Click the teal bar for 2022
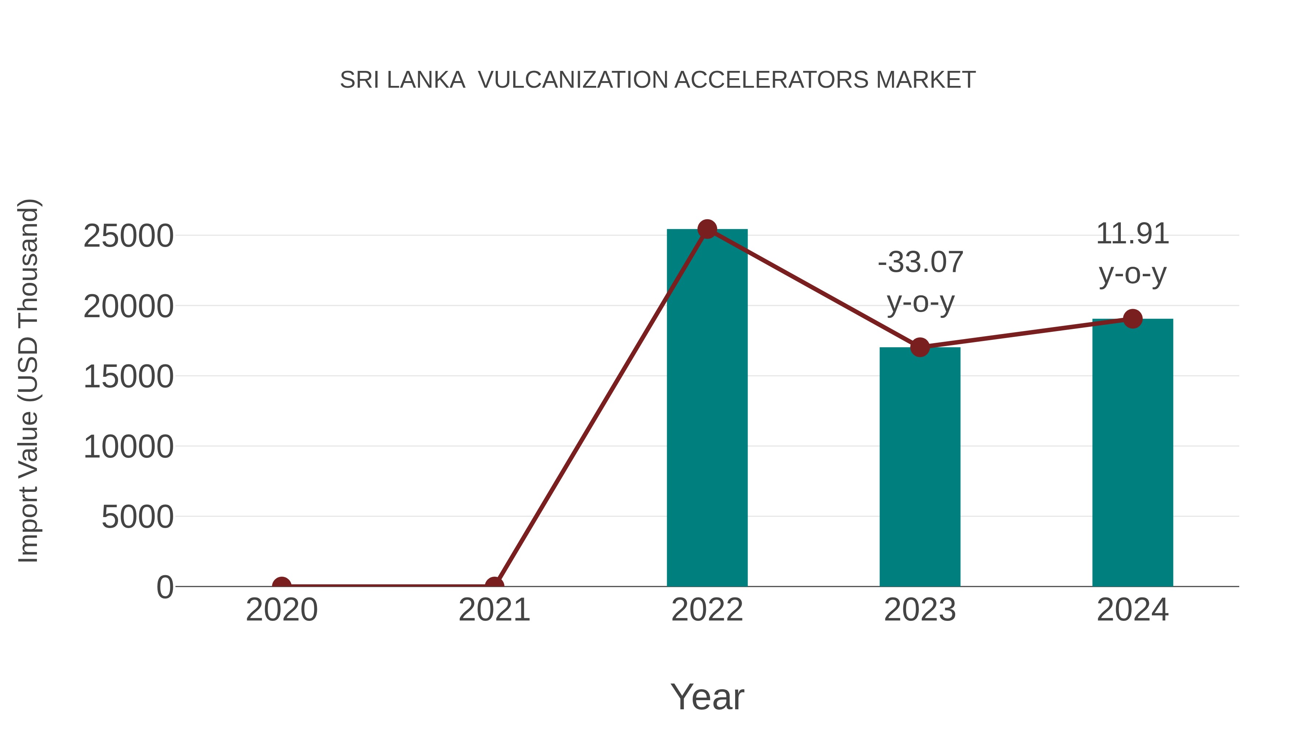[x=707, y=409]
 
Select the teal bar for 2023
[x=920, y=467]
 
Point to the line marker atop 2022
[x=707, y=229]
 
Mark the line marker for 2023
[x=920, y=347]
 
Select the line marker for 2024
[x=1132, y=319]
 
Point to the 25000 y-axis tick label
[x=128, y=236]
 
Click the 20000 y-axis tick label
[x=128, y=307]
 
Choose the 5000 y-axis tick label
[x=137, y=517]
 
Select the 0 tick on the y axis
[x=164, y=587]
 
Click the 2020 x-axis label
[x=281, y=610]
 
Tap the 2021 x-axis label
[x=494, y=610]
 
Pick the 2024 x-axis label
[x=1132, y=610]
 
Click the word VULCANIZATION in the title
[x=573, y=80]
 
